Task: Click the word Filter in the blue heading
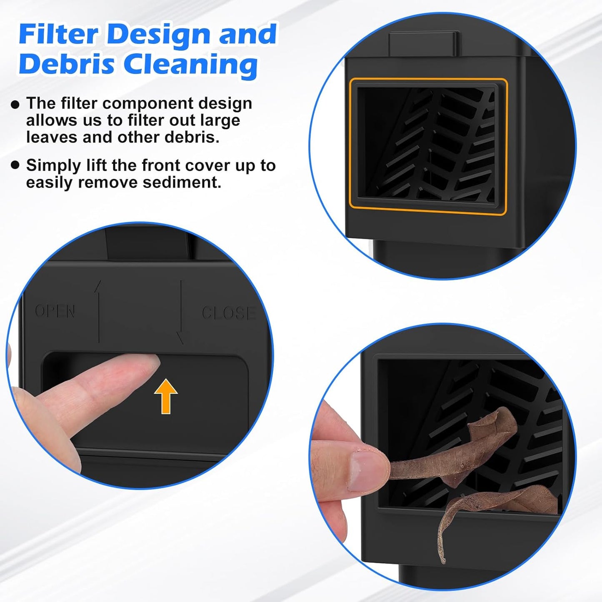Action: coord(58,34)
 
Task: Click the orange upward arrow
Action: coord(166,396)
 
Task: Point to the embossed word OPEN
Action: coord(55,311)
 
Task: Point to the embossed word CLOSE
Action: coord(228,313)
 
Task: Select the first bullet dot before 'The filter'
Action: coord(15,104)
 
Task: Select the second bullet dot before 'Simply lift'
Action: coord(15,165)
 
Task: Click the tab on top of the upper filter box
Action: coord(424,42)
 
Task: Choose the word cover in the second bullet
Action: coord(208,165)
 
